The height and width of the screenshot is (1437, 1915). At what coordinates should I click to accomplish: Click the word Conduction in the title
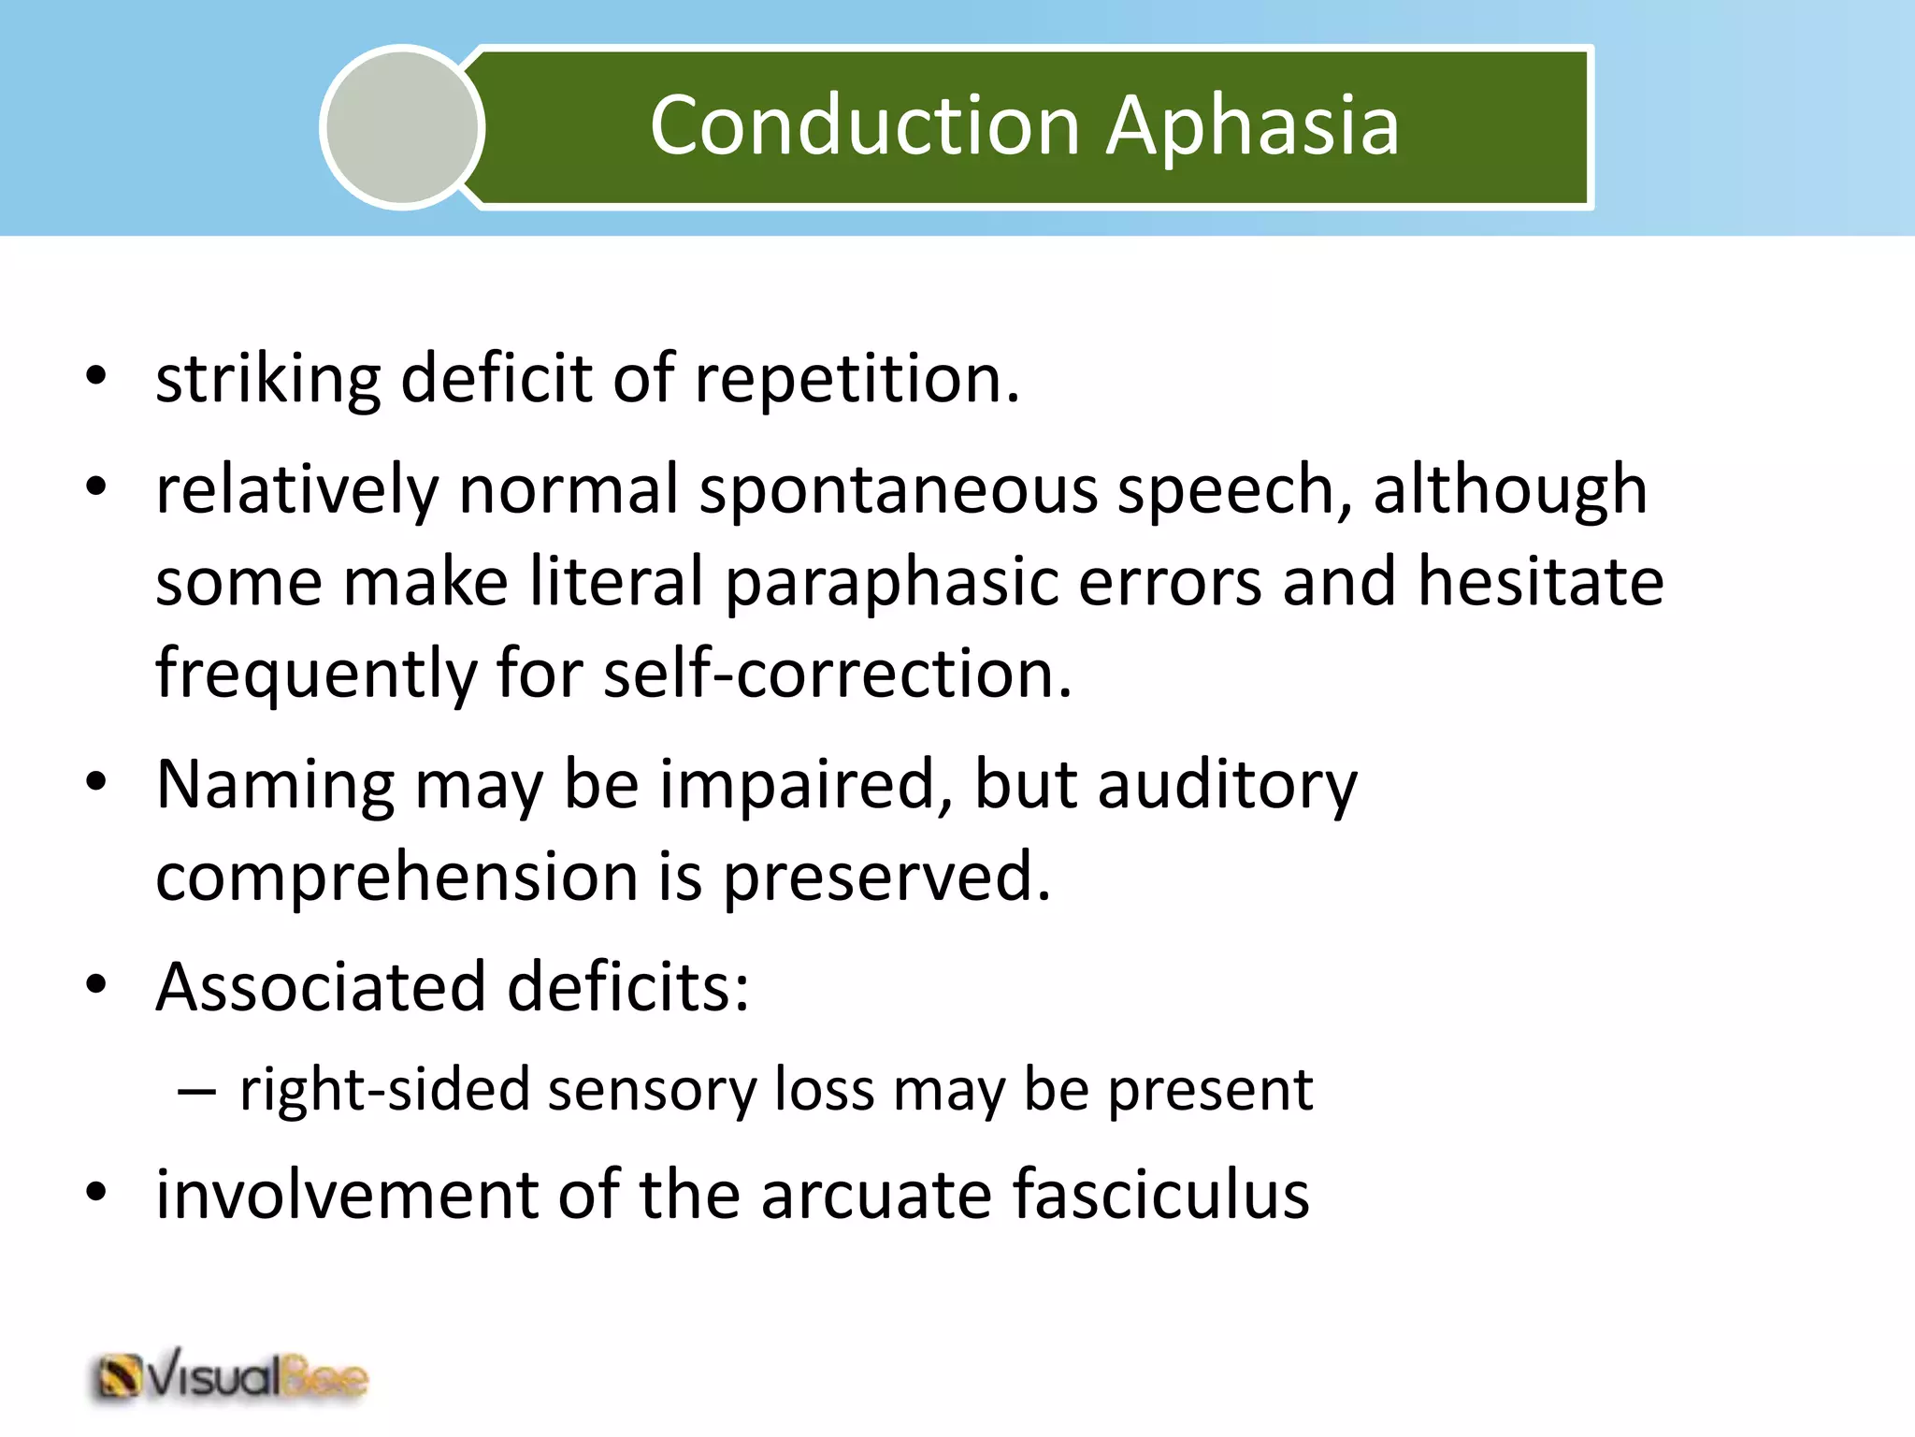pyautogui.click(x=865, y=125)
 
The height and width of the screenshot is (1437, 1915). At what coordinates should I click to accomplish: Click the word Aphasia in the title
pyautogui.click(x=1253, y=125)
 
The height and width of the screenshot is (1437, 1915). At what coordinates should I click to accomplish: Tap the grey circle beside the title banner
pyautogui.click(x=402, y=127)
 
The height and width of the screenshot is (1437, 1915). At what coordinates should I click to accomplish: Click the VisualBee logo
pyautogui.click(x=230, y=1378)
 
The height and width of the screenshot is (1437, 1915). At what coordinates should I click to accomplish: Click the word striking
pyautogui.click(x=267, y=380)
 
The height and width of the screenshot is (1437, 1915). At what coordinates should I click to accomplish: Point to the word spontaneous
pyautogui.click(x=898, y=492)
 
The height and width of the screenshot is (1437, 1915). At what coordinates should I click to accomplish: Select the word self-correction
pyautogui.click(x=837, y=674)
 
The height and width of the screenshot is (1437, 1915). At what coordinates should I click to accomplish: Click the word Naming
pyautogui.click(x=275, y=786)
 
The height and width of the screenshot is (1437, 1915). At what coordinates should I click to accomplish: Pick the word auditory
pyautogui.click(x=1227, y=786)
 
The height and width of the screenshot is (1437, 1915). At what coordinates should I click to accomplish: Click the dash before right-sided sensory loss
pyautogui.click(x=196, y=1091)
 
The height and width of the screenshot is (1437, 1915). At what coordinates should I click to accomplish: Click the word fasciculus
pyautogui.click(x=1159, y=1196)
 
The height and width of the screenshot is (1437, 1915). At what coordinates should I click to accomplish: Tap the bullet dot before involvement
pyautogui.click(x=96, y=1193)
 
